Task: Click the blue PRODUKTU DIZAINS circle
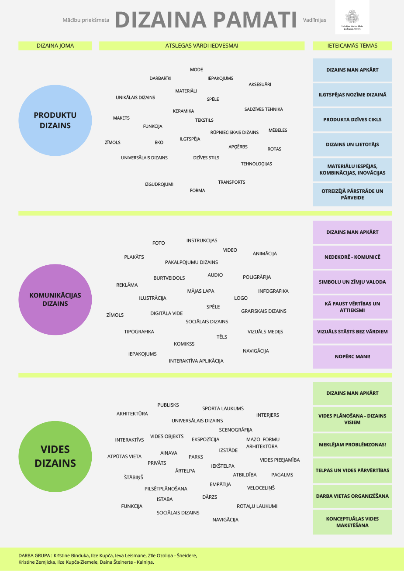point(55,120)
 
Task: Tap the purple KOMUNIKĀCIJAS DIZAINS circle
point(55,300)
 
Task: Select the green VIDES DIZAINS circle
point(55,456)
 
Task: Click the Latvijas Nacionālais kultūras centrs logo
point(352,17)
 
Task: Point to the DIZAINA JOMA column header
point(55,46)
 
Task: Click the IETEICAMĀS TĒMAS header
point(352,46)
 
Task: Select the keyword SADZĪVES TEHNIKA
point(264,109)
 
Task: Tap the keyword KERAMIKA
point(183,111)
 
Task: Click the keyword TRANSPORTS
point(231,182)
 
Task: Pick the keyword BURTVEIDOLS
point(169,278)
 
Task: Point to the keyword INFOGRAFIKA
point(273,291)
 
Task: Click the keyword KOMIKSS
point(184,344)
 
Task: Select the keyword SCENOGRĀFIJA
point(235,430)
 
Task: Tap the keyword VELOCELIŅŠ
point(261,488)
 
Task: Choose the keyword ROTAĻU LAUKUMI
point(257,506)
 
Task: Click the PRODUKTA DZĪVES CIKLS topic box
point(352,120)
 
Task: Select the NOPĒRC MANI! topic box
point(352,357)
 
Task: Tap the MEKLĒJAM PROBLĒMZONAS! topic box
point(352,445)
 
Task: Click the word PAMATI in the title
point(255,20)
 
